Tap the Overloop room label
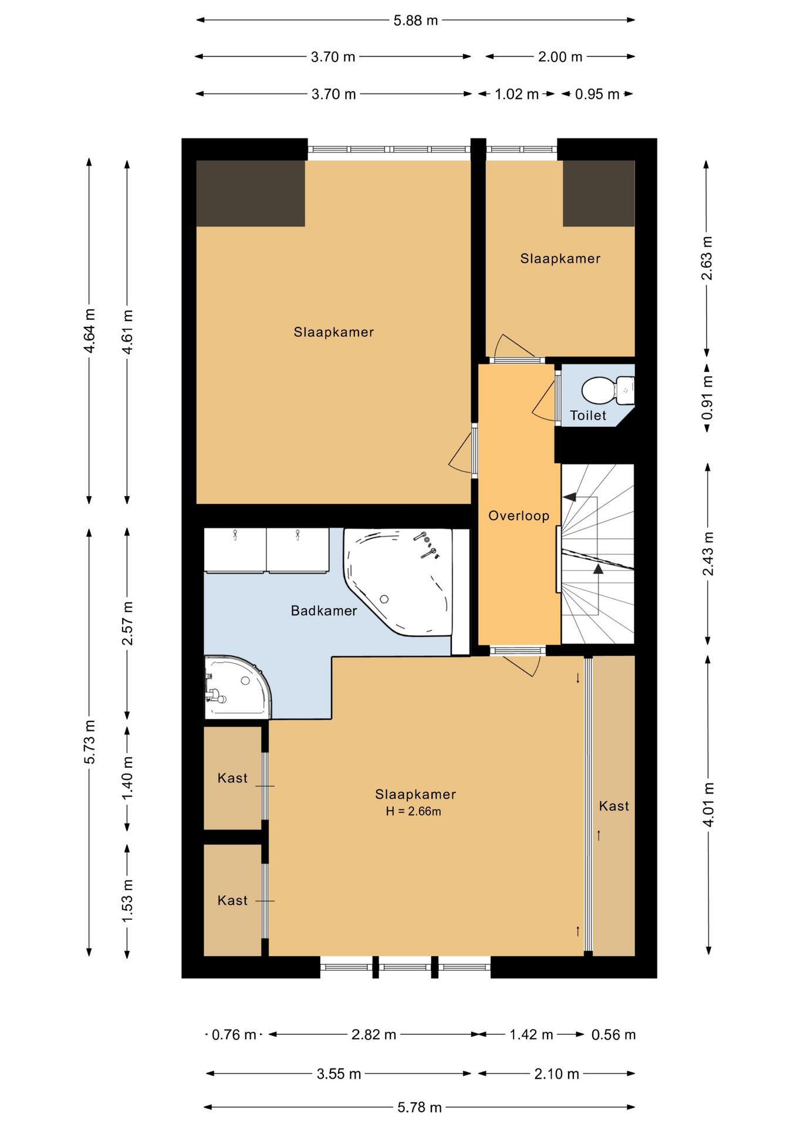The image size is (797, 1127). point(519,516)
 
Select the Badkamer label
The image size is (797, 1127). point(324,611)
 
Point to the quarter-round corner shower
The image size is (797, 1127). point(237,687)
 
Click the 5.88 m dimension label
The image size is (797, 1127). point(416,21)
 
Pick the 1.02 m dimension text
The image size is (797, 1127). point(516,95)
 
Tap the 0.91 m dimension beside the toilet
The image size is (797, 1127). point(707,397)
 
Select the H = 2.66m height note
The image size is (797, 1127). point(413,812)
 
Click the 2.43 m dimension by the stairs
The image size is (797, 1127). point(708,554)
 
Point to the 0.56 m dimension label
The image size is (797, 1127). point(613,1035)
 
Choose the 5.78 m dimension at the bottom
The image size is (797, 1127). point(419,1108)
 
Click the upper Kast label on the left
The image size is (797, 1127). point(232,778)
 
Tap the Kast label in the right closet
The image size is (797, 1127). point(614,807)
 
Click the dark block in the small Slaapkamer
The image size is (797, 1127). point(599,193)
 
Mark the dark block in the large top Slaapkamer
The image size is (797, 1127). point(251,193)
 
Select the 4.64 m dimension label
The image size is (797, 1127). point(89,331)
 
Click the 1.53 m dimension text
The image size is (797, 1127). point(127,900)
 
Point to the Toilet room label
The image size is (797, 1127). point(588,416)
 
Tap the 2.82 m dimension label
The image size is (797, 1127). point(374,1035)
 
